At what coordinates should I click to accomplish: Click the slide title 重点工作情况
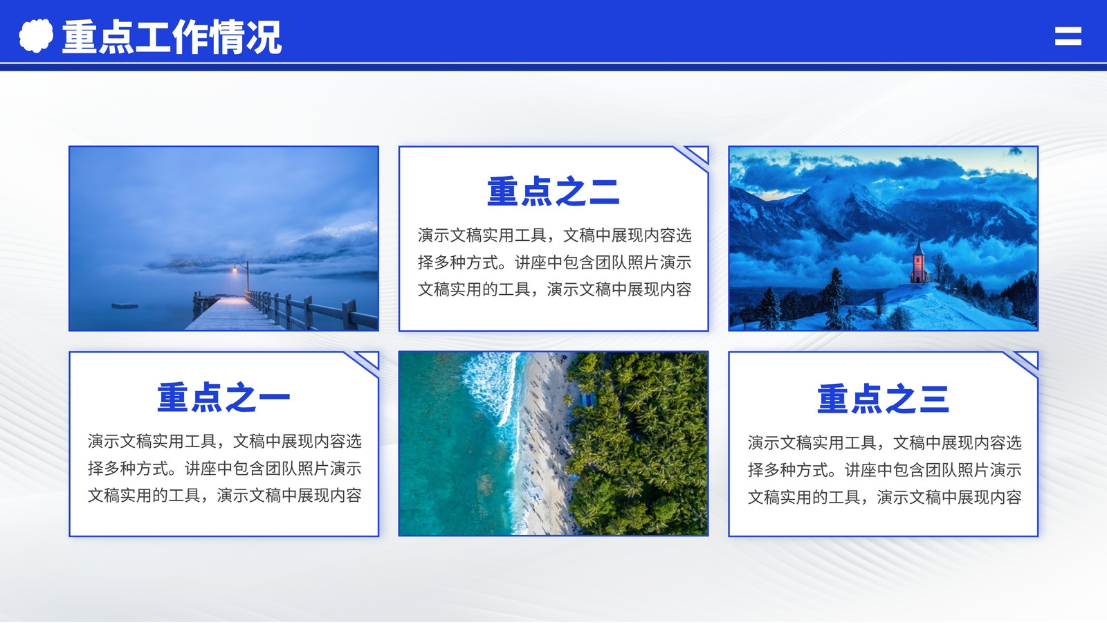[172, 37]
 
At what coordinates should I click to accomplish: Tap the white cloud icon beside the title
[36, 35]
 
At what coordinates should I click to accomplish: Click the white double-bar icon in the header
[1068, 36]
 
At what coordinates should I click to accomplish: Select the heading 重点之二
[553, 191]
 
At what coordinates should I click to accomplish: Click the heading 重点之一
[223, 397]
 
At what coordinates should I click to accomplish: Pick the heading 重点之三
[883, 399]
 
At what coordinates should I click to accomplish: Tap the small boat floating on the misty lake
[125, 306]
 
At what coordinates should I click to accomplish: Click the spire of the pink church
[919, 246]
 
